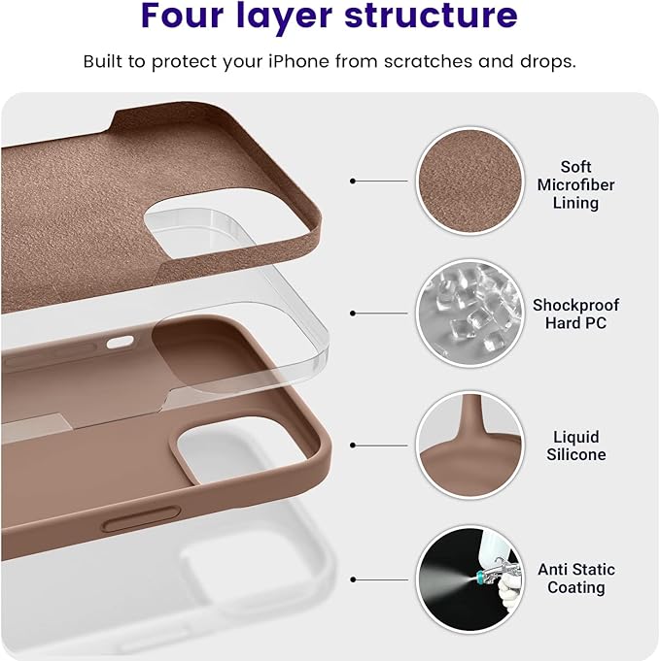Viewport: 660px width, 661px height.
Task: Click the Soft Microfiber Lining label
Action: tap(575, 184)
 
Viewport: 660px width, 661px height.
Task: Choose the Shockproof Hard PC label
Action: tap(575, 314)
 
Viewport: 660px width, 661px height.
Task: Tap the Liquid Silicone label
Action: tap(575, 446)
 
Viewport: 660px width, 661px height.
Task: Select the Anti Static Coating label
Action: tap(575, 578)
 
